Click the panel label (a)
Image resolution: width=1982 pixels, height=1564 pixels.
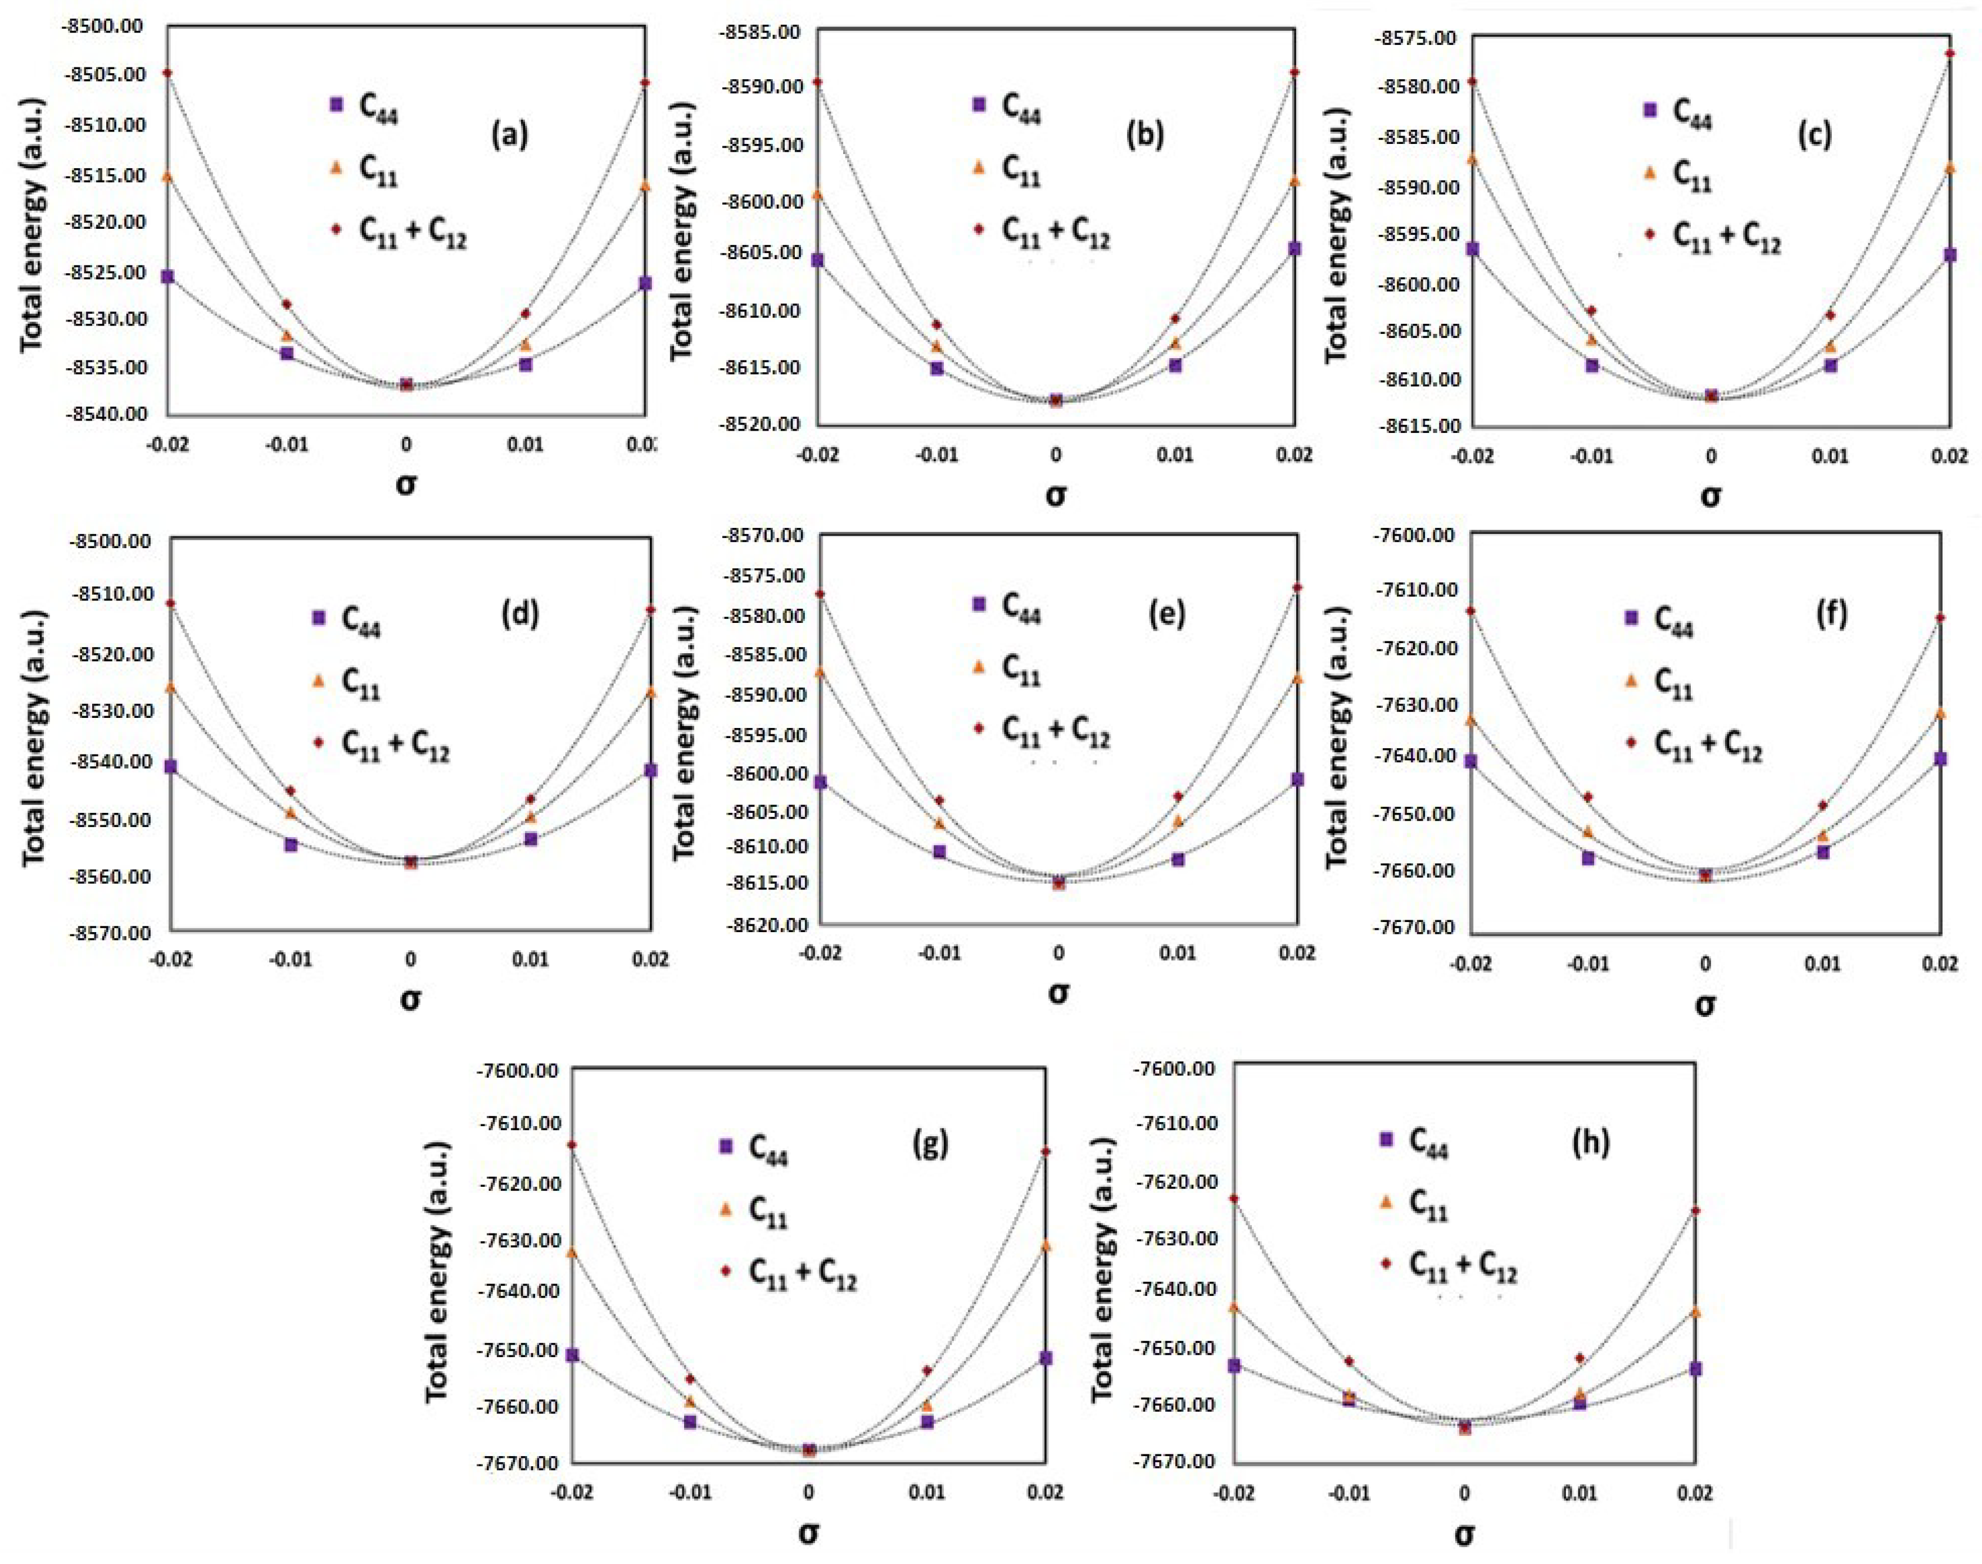509,135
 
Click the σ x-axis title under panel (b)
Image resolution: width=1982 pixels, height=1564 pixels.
1056,495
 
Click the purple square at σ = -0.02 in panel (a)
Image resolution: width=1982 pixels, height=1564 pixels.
168,277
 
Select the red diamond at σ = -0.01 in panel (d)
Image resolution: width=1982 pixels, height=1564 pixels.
290,790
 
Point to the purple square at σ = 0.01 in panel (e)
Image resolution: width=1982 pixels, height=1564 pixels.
1178,860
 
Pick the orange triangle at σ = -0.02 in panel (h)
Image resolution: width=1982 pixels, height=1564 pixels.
1234,1307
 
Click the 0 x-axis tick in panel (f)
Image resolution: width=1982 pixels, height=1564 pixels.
1705,964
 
